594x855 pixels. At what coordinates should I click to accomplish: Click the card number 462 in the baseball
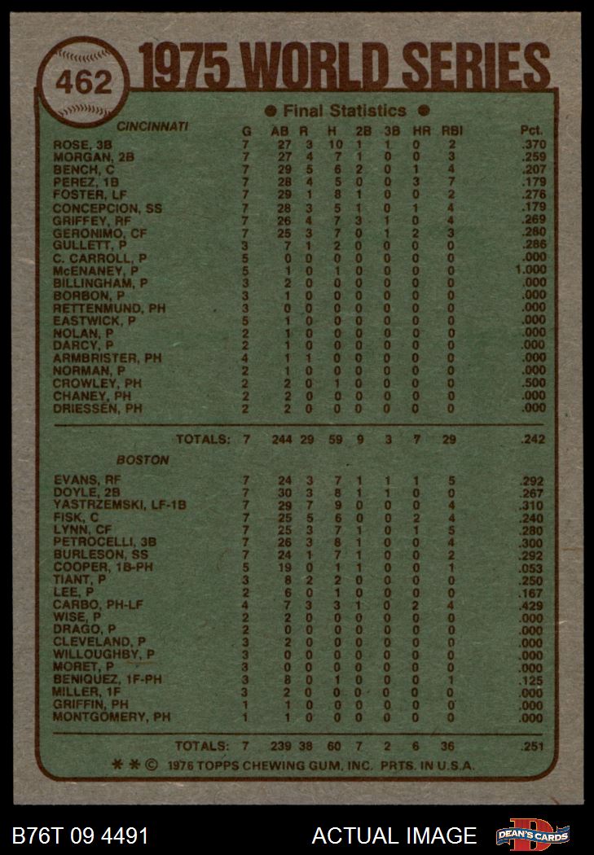pyautogui.click(x=84, y=84)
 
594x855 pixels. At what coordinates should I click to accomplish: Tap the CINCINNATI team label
pyautogui.click(x=152, y=127)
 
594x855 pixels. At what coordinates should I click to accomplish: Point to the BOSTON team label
pyautogui.click(x=143, y=460)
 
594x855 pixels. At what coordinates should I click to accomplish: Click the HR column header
pyautogui.click(x=416, y=130)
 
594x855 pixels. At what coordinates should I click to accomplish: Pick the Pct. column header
pyautogui.click(x=531, y=130)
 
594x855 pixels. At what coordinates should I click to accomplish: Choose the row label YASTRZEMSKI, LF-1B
pyautogui.click(x=119, y=505)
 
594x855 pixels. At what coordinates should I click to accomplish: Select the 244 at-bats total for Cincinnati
pyautogui.click(x=280, y=440)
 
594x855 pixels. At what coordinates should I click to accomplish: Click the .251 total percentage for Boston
pyautogui.click(x=532, y=746)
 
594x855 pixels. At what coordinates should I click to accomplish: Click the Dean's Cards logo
pyautogui.click(x=534, y=835)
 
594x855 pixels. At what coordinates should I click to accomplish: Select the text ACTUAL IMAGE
pyautogui.click(x=394, y=835)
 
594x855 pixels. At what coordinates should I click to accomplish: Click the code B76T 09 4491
pyautogui.click(x=81, y=835)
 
